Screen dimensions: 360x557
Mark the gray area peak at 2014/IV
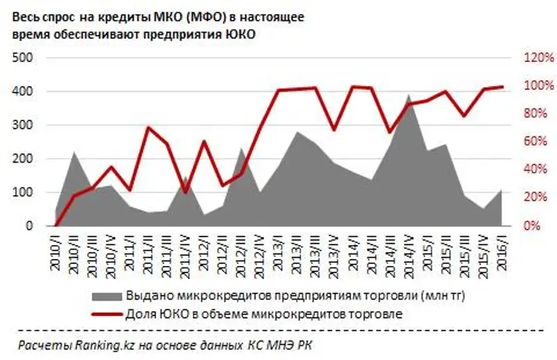point(409,95)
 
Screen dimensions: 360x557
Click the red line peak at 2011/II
point(148,127)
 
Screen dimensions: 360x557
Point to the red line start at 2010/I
point(56,226)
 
